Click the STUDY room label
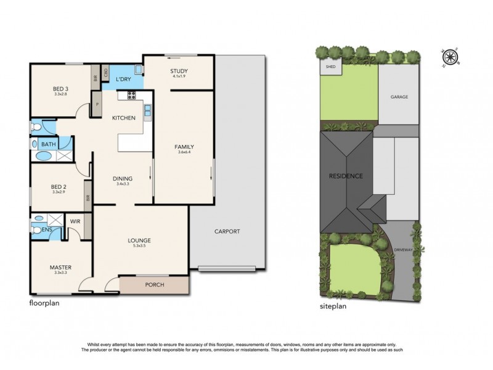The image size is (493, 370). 178,72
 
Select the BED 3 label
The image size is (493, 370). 60,89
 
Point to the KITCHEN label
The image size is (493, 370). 123,118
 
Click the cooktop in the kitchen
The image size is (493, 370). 131,95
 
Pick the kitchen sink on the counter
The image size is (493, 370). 148,110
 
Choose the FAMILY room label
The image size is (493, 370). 184,147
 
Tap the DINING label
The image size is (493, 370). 123,179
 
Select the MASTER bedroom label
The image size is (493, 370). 60,267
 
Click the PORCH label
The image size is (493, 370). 154,285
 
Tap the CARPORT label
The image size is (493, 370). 227,231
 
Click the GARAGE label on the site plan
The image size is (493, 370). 399,97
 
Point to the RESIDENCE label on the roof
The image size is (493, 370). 345,176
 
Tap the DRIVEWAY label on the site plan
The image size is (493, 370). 404,250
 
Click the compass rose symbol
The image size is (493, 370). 451,57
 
